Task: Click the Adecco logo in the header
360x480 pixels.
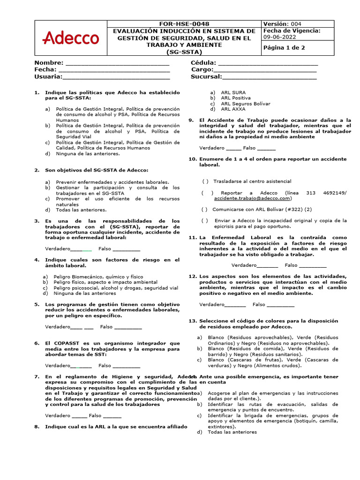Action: point(71,38)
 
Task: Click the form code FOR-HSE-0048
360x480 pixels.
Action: point(184,23)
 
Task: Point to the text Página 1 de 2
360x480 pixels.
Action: point(284,48)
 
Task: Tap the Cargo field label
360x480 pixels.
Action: point(202,70)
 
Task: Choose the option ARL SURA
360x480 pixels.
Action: point(233,93)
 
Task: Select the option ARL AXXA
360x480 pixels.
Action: point(233,109)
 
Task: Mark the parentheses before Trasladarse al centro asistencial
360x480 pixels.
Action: point(205,181)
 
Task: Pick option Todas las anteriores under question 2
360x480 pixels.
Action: point(81,210)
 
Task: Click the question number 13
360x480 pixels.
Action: point(192,321)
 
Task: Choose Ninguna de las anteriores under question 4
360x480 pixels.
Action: point(85,293)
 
